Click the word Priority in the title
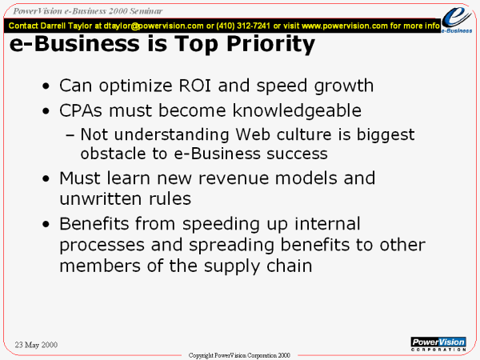tap(271, 45)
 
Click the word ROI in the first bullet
tap(194, 86)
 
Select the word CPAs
tap(81, 110)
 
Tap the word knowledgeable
tap(297, 111)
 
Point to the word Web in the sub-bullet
tap(253, 134)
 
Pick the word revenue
tap(234, 178)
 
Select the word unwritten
tap(101, 199)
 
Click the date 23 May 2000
tap(36, 345)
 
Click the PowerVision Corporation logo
tap(438, 344)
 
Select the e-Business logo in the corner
tap(457, 20)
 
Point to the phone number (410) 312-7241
tap(243, 26)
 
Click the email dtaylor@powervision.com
tap(154, 26)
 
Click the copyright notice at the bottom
tap(239, 355)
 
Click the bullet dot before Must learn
tap(46, 178)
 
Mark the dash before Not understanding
tap(70, 135)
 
